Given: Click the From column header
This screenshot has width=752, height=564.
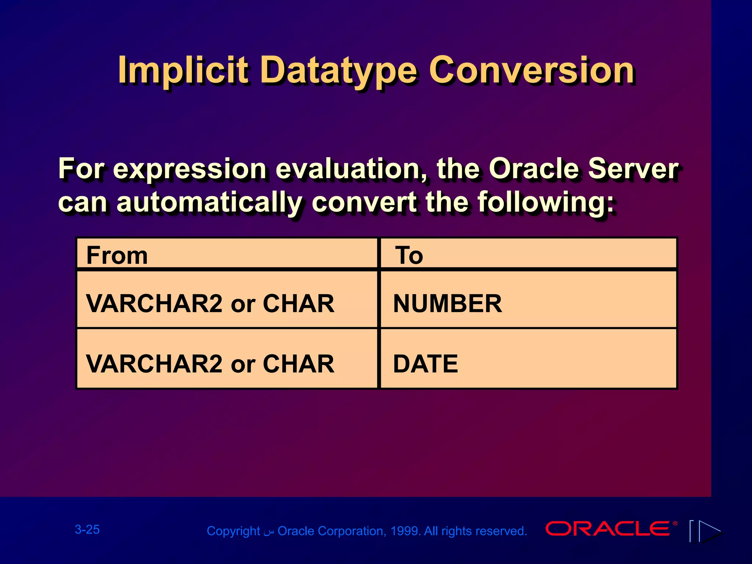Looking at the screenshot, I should (x=117, y=255).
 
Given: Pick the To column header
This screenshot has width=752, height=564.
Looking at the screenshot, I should (x=409, y=255).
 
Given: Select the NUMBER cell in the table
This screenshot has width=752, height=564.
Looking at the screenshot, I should (x=447, y=304).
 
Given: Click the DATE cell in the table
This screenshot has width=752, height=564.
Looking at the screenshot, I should (x=426, y=364).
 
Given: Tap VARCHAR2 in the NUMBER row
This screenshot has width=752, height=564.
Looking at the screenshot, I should (x=154, y=304).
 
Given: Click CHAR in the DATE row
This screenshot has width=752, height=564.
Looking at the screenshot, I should (x=298, y=364).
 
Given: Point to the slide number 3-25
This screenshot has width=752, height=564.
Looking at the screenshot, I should (x=87, y=529).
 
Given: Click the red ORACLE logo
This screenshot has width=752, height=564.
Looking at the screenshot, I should (x=608, y=529).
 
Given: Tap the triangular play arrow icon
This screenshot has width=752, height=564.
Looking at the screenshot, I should (x=709, y=531).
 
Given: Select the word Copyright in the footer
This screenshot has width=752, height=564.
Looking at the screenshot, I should (x=234, y=531).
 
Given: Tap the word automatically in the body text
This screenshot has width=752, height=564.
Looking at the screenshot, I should (x=209, y=202).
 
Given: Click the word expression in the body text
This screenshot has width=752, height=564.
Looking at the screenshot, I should (x=189, y=169).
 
